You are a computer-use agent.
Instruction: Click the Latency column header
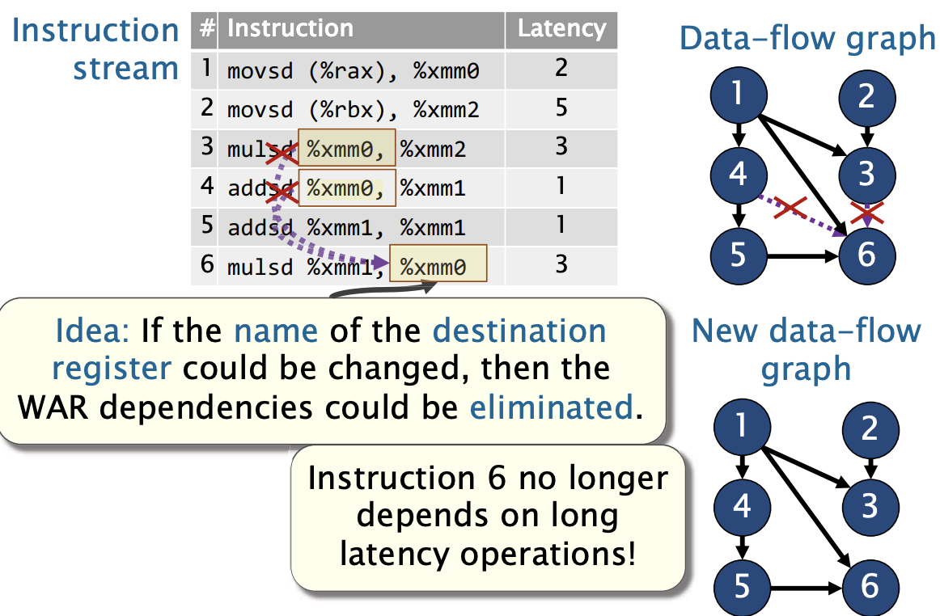[561, 29]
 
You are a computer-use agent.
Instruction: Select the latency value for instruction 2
[561, 108]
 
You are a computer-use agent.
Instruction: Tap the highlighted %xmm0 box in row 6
[438, 263]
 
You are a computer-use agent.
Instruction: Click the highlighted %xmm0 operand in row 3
[346, 147]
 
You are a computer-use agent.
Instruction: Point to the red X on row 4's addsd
[282, 192]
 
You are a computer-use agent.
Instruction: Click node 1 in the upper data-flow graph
[739, 95]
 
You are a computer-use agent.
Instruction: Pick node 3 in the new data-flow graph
[870, 506]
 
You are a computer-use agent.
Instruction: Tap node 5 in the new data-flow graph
[742, 587]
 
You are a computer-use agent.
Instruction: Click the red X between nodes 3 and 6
[867, 212]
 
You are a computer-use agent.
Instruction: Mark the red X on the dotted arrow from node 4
[790, 207]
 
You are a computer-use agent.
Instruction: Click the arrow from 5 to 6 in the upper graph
[803, 256]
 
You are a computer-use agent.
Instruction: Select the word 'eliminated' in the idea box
[551, 407]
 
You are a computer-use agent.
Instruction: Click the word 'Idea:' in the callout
[92, 331]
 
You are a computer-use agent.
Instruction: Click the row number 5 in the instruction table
[207, 226]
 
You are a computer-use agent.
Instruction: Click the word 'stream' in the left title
[126, 69]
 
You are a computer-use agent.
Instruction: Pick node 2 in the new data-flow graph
[870, 429]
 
